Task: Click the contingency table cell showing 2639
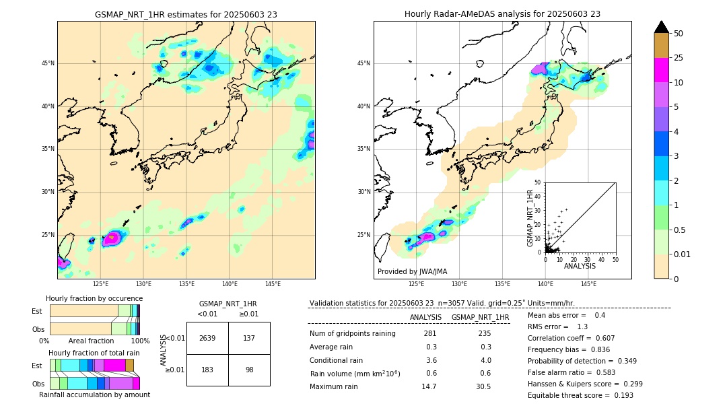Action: click(207, 338)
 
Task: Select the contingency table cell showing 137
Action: click(249, 338)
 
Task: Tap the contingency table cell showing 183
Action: click(207, 370)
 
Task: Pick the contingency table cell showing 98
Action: click(249, 370)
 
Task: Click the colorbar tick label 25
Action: click(679, 58)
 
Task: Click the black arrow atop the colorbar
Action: click(662, 27)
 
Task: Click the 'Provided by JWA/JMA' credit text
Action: click(412, 271)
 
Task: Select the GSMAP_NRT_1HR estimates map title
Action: click(186, 14)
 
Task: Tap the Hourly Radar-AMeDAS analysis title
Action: click(502, 14)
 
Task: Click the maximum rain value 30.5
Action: click(483, 386)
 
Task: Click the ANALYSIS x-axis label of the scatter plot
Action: click(580, 266)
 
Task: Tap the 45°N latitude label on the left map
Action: click(48, 63)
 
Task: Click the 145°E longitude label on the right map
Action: click(588, 284)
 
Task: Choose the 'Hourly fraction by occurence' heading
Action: click(94, 298)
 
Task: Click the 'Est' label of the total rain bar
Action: click(37, 366)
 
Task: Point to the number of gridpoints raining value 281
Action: click(429, 334)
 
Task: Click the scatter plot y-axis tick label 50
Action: click(537, 182)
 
